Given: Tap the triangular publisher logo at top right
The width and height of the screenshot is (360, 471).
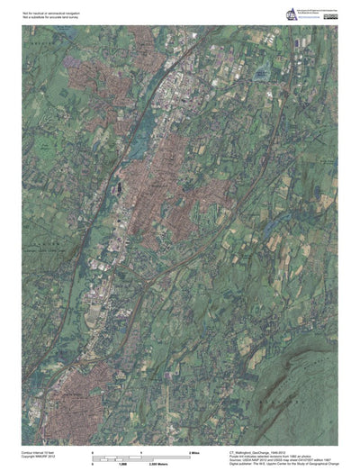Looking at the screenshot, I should coord(291,14).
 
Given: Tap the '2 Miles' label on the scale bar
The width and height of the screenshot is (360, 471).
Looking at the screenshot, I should coord(193,449).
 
